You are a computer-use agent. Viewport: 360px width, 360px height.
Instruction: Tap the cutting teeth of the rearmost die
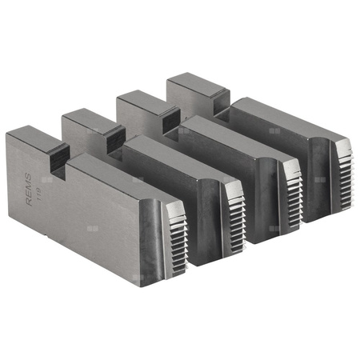[x=342, y=164]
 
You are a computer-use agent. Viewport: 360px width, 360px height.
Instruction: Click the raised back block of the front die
[x=32, y=140]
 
